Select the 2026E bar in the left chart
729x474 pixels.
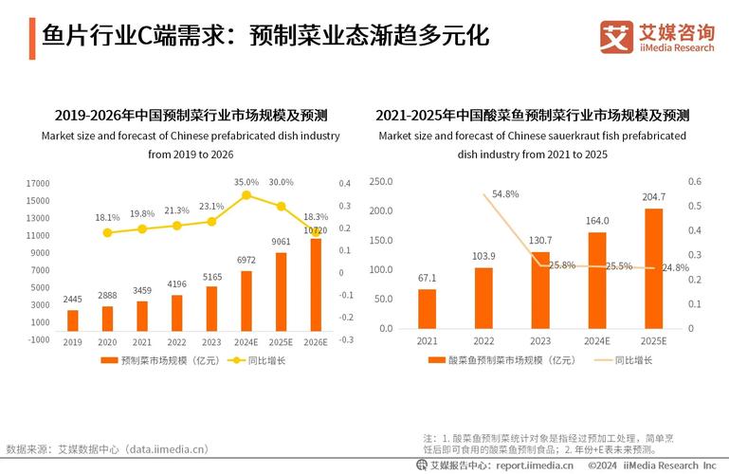[316, 284]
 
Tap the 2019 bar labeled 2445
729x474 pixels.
[73, 320]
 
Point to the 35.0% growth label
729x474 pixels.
[246, 181]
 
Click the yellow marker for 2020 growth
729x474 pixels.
[107, 232]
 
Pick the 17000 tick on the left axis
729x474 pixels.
[38, 183]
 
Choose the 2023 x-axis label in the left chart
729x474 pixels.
[211, 342]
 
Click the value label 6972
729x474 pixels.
[246, 260]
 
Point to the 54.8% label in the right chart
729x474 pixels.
[505, 194]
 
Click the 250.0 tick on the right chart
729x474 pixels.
[380, 181]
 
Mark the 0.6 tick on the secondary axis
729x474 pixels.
[694, 181]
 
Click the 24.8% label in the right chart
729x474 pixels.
[676, 268]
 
